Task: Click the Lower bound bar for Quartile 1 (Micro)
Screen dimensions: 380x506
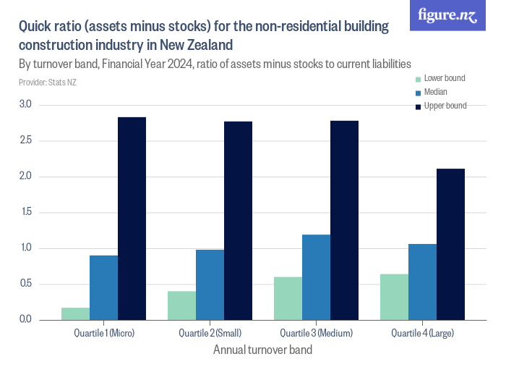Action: click(x=76, y=313)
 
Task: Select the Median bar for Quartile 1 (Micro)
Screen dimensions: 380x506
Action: click(x=104, y=287)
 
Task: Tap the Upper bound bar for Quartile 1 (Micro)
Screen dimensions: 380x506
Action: click(x=132, y=218)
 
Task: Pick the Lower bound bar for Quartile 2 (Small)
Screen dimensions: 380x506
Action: click(x=181, y=305)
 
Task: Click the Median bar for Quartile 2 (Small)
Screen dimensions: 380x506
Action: click(x=210, y=284)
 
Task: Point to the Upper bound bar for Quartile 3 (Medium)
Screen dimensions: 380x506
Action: click(x=344, y=220)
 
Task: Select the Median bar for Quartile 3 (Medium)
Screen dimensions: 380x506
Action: click(x=316, y=277)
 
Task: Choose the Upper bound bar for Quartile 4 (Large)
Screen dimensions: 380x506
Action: click(x=450, y=244)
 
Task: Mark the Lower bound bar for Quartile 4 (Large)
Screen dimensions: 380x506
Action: click(x=394, y=297)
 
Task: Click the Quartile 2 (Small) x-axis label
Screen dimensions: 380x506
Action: click(x=210, y=333)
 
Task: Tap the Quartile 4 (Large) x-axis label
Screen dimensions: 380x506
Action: click(x=422, y=333)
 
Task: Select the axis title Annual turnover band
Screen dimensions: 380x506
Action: click(x=263, y=350)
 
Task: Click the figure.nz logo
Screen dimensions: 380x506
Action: click(x=447, y=15)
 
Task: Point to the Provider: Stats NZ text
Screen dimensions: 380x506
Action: click(x=48, y=83)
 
